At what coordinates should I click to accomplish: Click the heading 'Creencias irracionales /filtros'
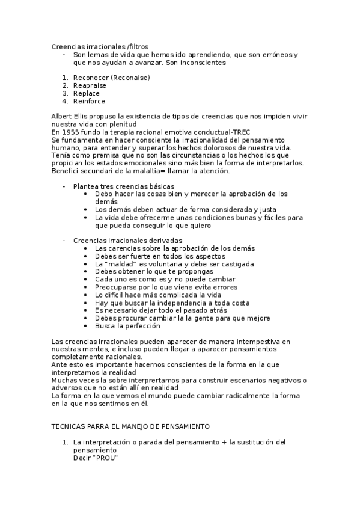tap(100, 46)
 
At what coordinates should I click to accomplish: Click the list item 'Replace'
tap(87, 93)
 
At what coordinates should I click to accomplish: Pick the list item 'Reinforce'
tap(90, 101)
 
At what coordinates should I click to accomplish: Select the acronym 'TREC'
tap(240, 132)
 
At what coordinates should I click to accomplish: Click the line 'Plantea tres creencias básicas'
tap(124, 186)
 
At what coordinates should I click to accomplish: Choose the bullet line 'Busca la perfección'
tap(127, 326)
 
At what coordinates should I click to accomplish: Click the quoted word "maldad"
tap(120, 263)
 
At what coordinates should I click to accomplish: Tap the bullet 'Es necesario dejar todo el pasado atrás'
tap(160, 310)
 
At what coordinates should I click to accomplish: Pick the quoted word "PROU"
tap(106, 458)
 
